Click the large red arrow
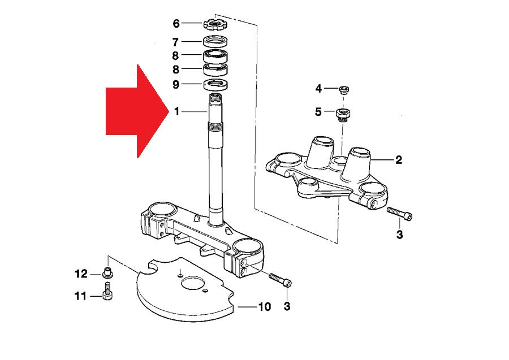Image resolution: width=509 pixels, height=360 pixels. coord(136,111)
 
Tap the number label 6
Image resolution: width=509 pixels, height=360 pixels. coord(176,24)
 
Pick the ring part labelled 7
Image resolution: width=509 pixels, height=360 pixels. coord(215,41)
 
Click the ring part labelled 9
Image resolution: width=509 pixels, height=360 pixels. coord(216,85)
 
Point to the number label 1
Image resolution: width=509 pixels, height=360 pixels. coord(176,112)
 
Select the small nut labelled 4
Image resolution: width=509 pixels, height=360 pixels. coord(343,89)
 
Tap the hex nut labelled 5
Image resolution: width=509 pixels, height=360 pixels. coord(342,114)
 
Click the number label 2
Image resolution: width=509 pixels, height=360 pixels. coord(399,160)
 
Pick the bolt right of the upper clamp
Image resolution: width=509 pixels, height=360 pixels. coord(399,214)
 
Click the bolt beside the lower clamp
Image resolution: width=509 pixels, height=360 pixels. coord(281,280)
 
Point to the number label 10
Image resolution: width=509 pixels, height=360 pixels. coord(264,307)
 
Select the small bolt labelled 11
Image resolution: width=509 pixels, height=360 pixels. coord(107,294)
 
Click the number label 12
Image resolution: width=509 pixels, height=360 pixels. coord(81,274)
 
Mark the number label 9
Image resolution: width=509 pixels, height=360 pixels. coord(176,85)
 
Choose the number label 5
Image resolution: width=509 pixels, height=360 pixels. coord(318,112)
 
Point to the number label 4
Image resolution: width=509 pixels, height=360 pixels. coord(318,89)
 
